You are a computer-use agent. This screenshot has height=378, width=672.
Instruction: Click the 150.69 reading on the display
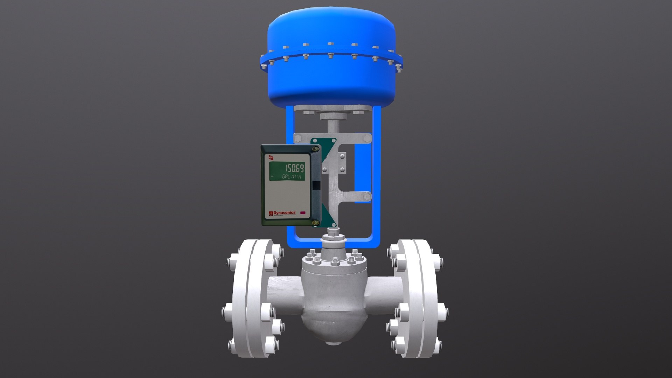(x=294, y=168)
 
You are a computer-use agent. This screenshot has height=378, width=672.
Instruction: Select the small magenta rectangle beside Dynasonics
(x=303, y=212)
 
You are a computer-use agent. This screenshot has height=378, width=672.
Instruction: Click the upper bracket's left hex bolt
(x=298, y=139)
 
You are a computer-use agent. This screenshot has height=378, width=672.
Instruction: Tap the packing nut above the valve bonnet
(x=333, y=240)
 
